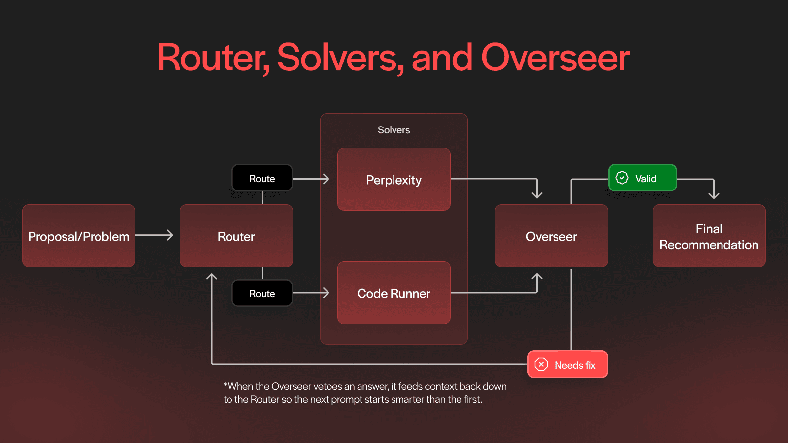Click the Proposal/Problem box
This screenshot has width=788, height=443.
point(79,236)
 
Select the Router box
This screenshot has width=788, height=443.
point(236,236)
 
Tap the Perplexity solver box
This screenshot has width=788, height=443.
point(394,180)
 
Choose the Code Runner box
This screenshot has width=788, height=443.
point(394,293)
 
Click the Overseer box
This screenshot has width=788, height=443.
point(552,236)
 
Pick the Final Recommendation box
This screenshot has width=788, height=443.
point(709,236)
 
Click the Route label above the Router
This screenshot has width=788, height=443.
point(262,178)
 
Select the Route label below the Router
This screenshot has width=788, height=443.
point(262,293)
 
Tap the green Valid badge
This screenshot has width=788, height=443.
point(643,178)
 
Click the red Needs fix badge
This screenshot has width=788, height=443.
point(568,365)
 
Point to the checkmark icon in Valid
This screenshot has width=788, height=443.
point(622,178)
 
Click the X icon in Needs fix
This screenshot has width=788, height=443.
point(541,364)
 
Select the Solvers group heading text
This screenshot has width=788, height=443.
point(394,130)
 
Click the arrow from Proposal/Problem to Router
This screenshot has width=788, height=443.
point(155,235)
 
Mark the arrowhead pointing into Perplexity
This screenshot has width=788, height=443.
point(326,179)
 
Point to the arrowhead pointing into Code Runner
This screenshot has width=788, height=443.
point(326,293)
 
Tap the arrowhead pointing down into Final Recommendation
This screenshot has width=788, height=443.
point(714,195)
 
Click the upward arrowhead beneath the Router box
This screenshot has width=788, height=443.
point(212,277)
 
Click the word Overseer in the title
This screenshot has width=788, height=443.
point(555,58)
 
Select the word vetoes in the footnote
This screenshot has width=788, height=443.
point(328,386)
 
